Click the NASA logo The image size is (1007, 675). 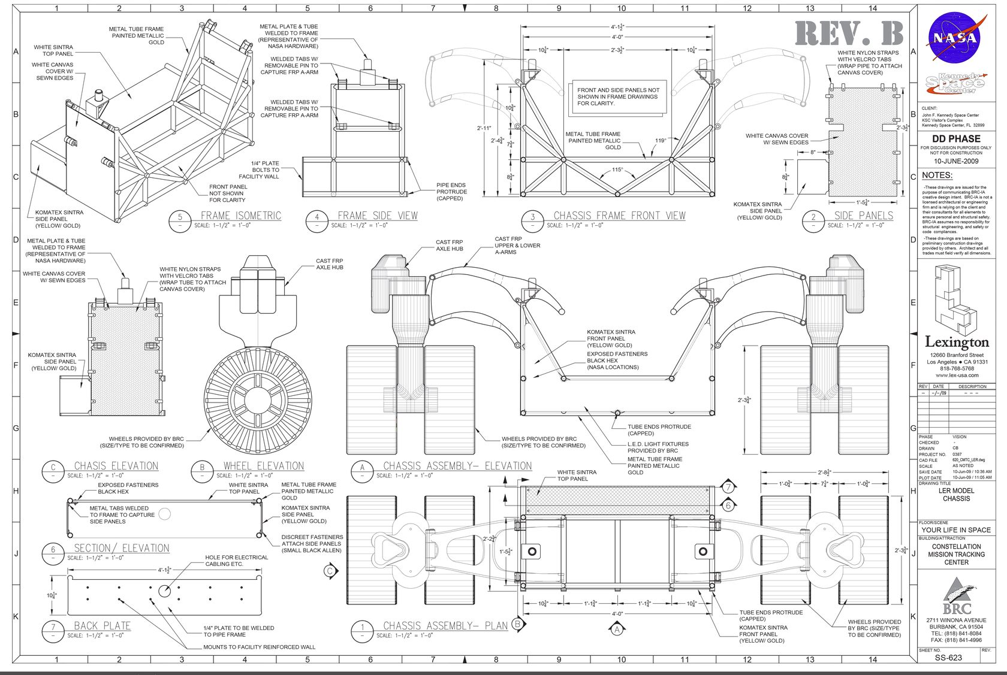[957, 37]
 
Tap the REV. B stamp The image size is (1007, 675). [849, 34]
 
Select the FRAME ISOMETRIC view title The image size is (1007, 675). [240, 216]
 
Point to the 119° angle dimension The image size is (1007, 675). [661, 141]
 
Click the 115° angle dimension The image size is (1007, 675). [617, 169]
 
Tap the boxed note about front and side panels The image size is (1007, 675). [618, 97]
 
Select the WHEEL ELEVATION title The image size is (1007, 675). [264, 465]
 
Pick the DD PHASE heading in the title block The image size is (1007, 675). [956, 138]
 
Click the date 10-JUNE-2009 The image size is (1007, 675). [956, 161]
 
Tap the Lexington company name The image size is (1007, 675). [957, 343]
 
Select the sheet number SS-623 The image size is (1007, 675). [948, 657]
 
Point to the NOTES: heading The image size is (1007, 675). [937, 175]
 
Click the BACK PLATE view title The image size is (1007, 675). [102, 626]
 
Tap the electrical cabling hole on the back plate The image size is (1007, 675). [164, 591]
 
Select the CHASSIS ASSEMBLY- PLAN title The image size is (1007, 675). [445, 626]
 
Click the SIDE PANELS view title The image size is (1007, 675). [863, 216]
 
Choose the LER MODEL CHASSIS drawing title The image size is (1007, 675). [956, 494]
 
